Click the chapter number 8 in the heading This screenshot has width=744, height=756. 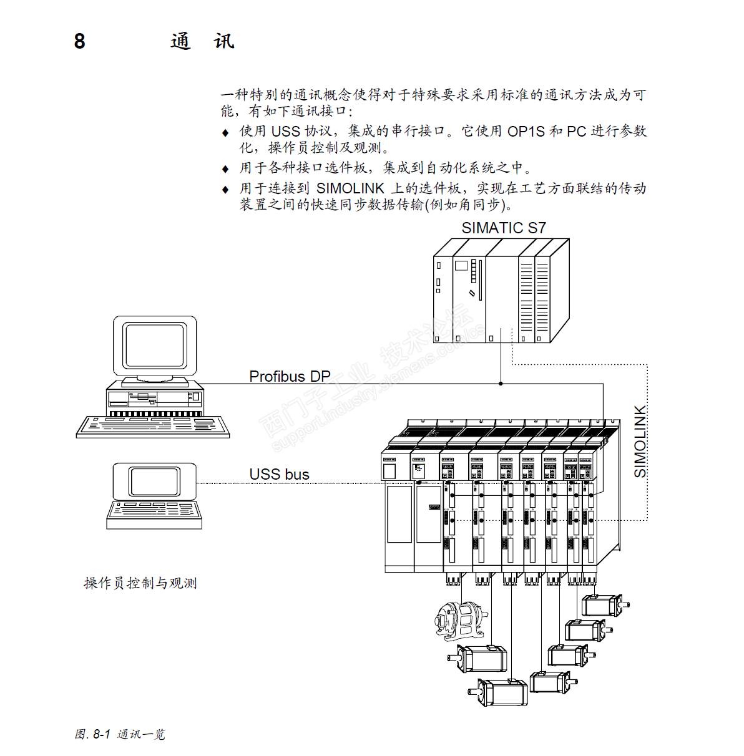coord(79,41)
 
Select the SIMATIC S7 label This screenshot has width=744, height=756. coord(503,228)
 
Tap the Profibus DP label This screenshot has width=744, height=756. coord(290,376)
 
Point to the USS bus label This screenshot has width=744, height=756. coord(279,474)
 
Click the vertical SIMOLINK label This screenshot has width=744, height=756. coord(640,442)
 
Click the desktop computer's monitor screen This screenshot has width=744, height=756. coord(154,345)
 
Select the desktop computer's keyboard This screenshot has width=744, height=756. coord(153,426)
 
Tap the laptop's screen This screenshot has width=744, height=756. coord(154,481)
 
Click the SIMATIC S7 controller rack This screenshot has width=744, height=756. coord(501,291)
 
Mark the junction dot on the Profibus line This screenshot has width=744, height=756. coord(501,384)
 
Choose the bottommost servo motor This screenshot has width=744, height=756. coord(501,692)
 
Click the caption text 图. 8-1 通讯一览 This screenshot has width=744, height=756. coord(120,734)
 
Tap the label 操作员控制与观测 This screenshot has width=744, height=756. coord(140,583)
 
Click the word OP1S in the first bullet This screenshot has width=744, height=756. coord(526,132)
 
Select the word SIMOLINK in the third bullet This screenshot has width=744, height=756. coord(350,188)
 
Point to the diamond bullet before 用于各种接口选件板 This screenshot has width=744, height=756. coord(225,169)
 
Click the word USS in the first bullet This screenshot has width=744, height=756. coord(285,132)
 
